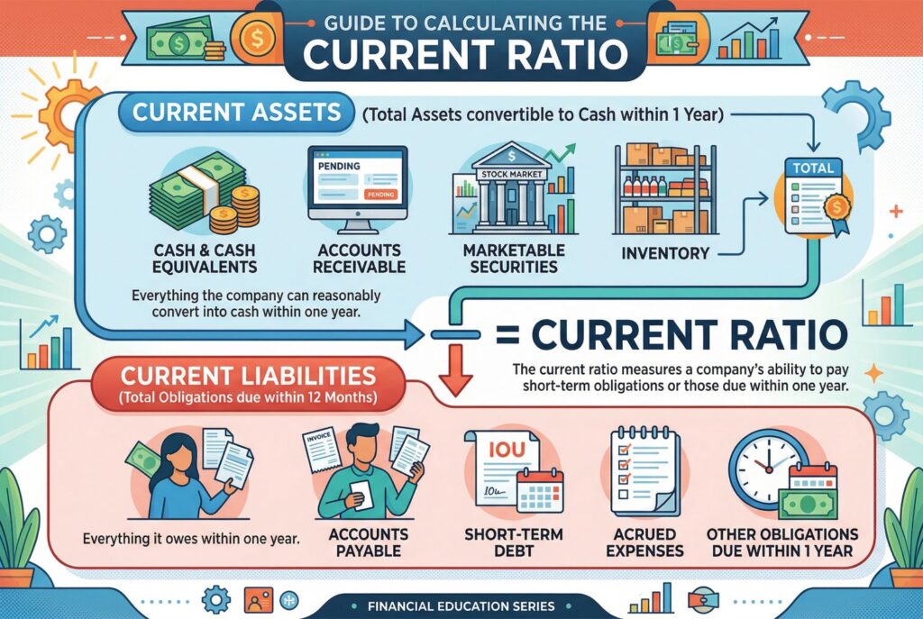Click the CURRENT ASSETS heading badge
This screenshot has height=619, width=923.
coord(237,113)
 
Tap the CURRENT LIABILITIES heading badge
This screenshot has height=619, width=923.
coord(249,384)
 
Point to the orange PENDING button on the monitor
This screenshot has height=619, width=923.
coord(380,195)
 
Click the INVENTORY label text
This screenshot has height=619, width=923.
coord(665,253)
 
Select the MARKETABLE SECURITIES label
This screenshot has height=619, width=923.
coord(514,259)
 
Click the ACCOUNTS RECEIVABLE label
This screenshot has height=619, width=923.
coord(359,259)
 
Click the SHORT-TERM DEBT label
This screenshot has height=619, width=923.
coord(513,542)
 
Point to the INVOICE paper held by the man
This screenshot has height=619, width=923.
coord(322,453)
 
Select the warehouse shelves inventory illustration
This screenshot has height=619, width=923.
coord(664,189)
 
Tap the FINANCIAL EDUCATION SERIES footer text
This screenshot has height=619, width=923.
coord(461,606)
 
